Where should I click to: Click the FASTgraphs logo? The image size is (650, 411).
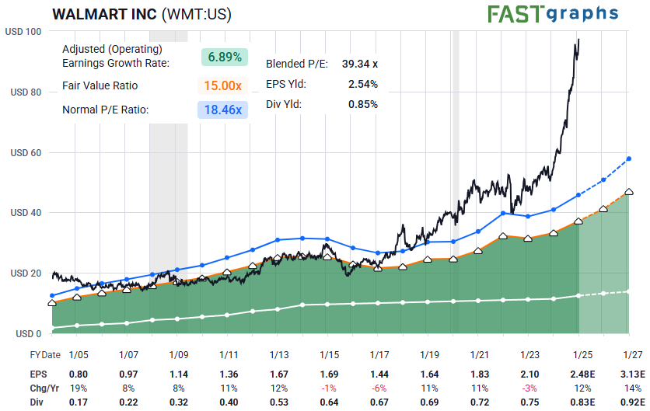[x=553, y=13]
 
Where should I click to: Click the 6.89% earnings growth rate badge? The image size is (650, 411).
[x=224, y=57]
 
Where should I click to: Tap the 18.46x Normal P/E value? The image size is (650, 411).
[x=224, y=110]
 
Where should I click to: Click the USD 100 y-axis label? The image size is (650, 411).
[x=23, y=32]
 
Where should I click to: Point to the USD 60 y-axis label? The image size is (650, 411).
[x=26, y=153]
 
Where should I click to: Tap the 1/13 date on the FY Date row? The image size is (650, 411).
[x=279, y=354]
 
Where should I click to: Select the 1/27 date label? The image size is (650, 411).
[x=633, y=354]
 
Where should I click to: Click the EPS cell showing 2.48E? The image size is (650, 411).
[x=582, y=374]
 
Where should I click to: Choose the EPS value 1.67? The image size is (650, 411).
[x=279, y=374]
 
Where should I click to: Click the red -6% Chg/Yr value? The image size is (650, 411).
[x=380, y=388]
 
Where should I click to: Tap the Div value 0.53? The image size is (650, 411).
[x=279, y=402]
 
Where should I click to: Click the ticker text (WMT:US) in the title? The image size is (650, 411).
[x=195, y=15]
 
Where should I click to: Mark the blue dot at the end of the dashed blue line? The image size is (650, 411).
[x=629, y=159]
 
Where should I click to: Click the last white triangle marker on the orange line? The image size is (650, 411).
[x=629, y=191]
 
